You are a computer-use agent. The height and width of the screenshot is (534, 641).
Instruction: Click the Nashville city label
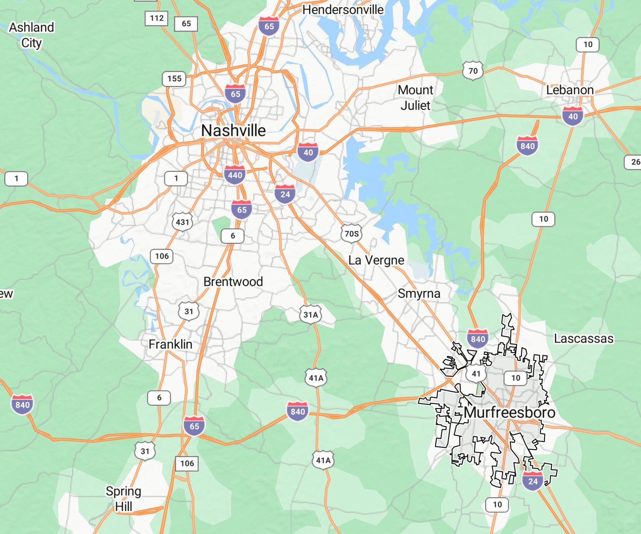click(233, 131)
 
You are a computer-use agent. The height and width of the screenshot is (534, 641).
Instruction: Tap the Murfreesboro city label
click(509, 412)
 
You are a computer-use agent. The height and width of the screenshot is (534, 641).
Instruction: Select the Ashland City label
click(32, 35)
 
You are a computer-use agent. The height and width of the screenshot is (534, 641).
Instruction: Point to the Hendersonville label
click(343, 9)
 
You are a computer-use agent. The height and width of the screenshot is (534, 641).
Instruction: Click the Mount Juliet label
click(415, 98)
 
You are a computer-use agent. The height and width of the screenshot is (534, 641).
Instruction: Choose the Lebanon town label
click(569, 90)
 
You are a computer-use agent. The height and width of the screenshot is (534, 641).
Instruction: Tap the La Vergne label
click(376, 260)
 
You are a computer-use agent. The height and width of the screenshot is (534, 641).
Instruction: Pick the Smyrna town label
click(419, 293)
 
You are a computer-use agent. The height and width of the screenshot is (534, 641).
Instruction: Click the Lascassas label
click(584, 338)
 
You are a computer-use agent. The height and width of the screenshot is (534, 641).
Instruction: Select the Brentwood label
click(233, 282)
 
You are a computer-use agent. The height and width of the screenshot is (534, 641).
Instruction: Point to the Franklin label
click(170, 344)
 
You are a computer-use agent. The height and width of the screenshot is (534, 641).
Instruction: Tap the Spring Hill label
click(123, 498)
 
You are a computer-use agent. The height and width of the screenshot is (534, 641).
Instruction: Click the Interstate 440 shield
click(235, 175)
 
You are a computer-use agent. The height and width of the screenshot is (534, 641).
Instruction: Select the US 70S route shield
click(351, 234)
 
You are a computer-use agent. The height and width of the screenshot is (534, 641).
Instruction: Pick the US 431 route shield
click(182, 222)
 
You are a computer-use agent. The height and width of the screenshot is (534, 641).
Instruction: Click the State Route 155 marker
click(174, 79)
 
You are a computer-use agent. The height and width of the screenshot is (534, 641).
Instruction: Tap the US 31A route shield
click(311, 315)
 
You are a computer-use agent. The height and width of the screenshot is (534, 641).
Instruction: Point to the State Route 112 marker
click(156, 18)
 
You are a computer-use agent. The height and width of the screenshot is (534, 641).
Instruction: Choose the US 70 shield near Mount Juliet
click(473, 71)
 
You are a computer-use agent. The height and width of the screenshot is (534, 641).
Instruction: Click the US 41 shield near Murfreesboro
click(476, 374)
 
